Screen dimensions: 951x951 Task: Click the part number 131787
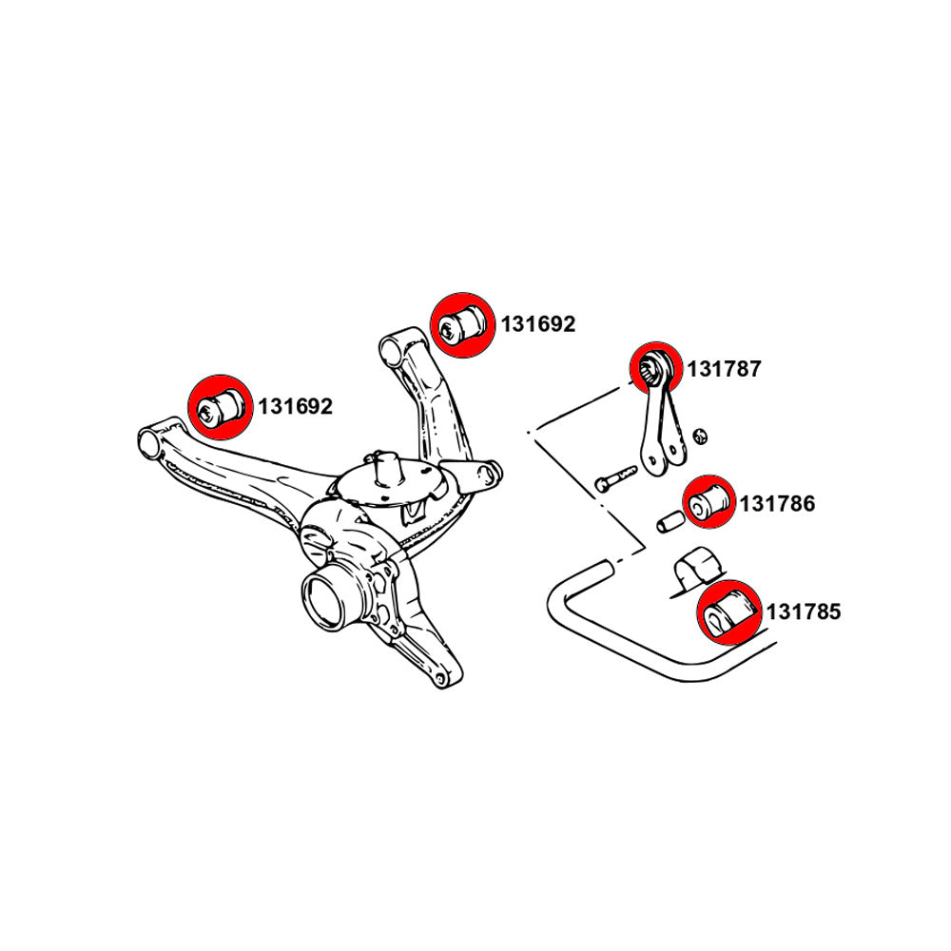point(725,369)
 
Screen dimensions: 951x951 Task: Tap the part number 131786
point(777,504)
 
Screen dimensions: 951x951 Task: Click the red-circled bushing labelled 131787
point(656,366)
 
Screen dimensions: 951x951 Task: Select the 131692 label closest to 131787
point(538,324)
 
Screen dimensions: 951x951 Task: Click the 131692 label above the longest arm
point(294,407)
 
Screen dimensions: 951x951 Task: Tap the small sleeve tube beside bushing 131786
point(669,522)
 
